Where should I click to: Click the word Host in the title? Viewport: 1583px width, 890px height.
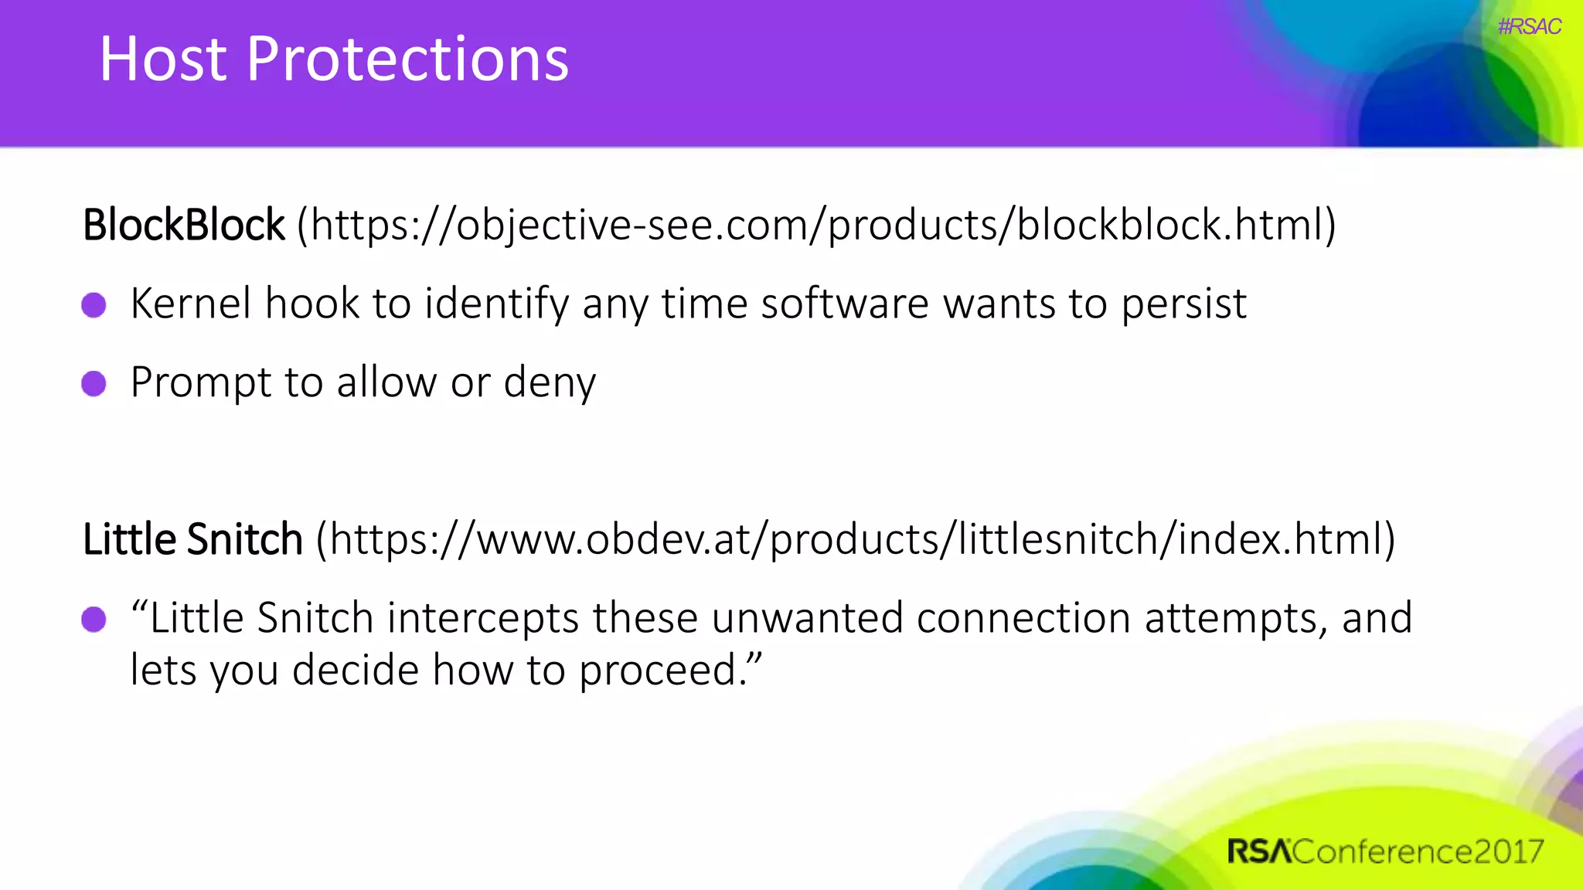(x=163, y=59)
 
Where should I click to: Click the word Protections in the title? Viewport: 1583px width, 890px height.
(x=407, y=59)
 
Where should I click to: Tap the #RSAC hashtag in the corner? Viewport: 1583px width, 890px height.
(x=1529, y=26)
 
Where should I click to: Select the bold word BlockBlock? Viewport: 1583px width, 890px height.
(x=184, y=226)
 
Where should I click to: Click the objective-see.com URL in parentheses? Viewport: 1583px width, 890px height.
(x=817, y=226)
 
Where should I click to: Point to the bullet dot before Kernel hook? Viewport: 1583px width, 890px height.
(x=94, y=304)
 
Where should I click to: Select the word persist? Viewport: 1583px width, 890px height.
(x=1183, y=304)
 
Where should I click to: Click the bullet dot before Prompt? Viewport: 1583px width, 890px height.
(x=94, y=383)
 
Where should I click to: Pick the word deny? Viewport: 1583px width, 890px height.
(x=550, y=383)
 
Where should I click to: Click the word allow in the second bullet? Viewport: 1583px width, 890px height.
(x=386, y=382)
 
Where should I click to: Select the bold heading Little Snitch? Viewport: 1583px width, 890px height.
(x=192, y=539)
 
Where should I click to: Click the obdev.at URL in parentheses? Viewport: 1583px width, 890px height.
(x=856, y=539)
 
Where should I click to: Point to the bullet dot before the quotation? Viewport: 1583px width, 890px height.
(x=94, y=619)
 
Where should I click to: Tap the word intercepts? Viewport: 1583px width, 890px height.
(x=482, y=619)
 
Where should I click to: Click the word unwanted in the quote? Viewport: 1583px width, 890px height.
(x=807, y=618)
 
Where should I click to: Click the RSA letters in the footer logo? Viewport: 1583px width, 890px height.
(x=1258, y=851)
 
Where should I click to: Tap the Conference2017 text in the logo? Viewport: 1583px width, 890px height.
(x=1418, y=851)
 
